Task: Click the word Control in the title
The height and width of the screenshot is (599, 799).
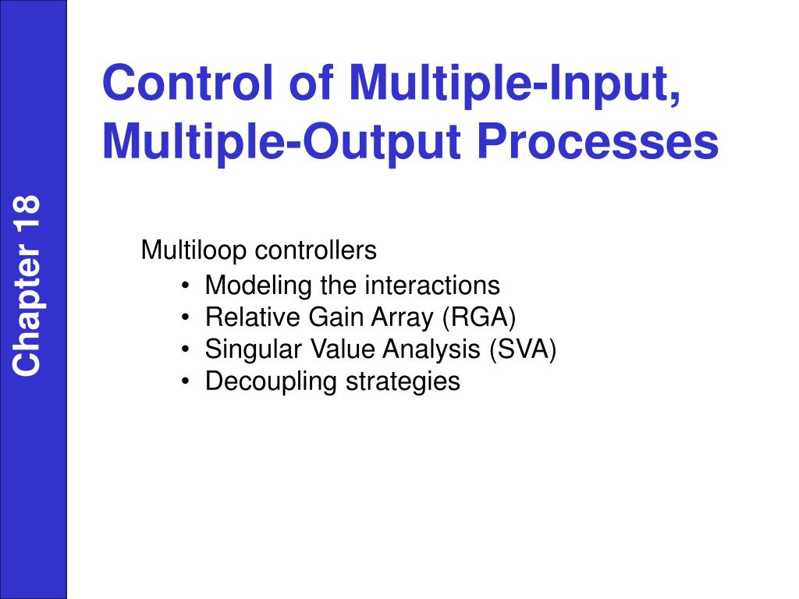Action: click(x=188, y=82)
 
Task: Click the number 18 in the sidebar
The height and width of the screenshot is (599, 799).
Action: click(x=27, y=212)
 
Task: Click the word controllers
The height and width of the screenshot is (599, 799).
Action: click(x=316, y=250)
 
